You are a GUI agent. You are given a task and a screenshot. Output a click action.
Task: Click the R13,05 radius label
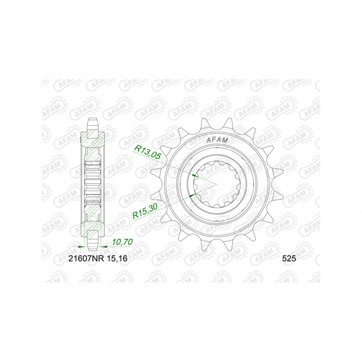pos(148,152)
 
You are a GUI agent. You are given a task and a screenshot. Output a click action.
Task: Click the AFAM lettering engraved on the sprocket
pos(218,141)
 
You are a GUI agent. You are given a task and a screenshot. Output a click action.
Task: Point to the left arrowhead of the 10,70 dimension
pos(82,247)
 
